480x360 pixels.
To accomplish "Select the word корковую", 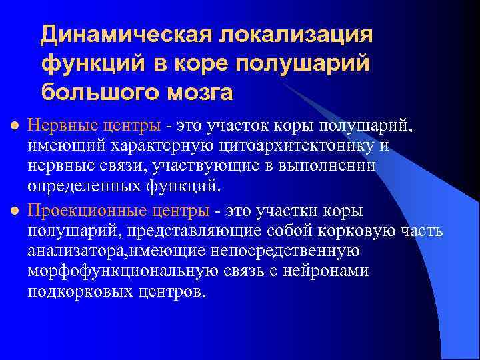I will tap(371, 231).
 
